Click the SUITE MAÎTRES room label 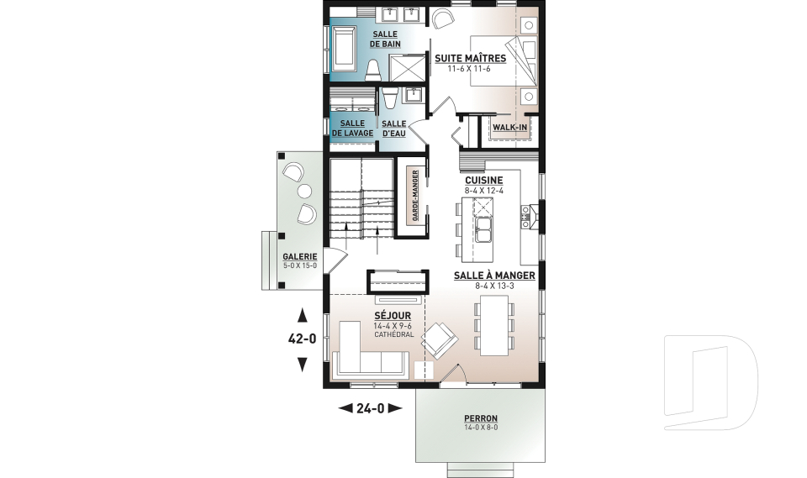[470, 58]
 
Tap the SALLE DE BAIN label [385, 38]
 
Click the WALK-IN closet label [509, 127]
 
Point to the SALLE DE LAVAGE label [352, 128]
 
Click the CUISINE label [483, 180]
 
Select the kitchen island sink [485, 228]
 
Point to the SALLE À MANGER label [493, 276]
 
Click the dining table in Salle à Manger [493, 324]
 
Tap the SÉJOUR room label [393, 316]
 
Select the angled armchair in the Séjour [439, 341]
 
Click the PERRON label [481, 418]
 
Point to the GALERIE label [299, 256]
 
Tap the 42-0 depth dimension [302, 340]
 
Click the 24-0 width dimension [370, 408]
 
